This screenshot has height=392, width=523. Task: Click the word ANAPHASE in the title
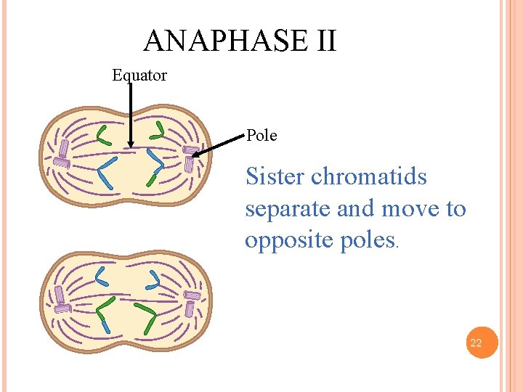[x=226, y=41]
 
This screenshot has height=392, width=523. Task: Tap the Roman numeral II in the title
[x=326, y=41]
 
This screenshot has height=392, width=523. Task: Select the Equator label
[x=139, y=75]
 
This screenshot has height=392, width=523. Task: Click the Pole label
[x=261, y=136]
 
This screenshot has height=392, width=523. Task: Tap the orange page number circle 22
[x=476, y=343]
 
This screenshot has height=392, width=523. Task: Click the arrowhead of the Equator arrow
[x=129, y=145]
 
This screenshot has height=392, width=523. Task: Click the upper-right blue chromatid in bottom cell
[x=154, y=279]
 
